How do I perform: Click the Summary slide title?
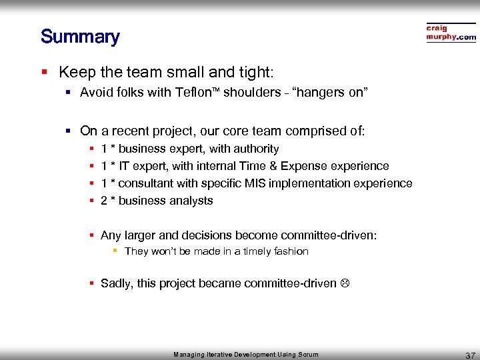coord(80,37)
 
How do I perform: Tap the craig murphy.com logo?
coord(451,33)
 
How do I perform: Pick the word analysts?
coord(190,201)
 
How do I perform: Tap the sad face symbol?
coord(344,283)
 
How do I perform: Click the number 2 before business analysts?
coord(104,201)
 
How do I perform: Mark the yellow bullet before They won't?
coord(115,251)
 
